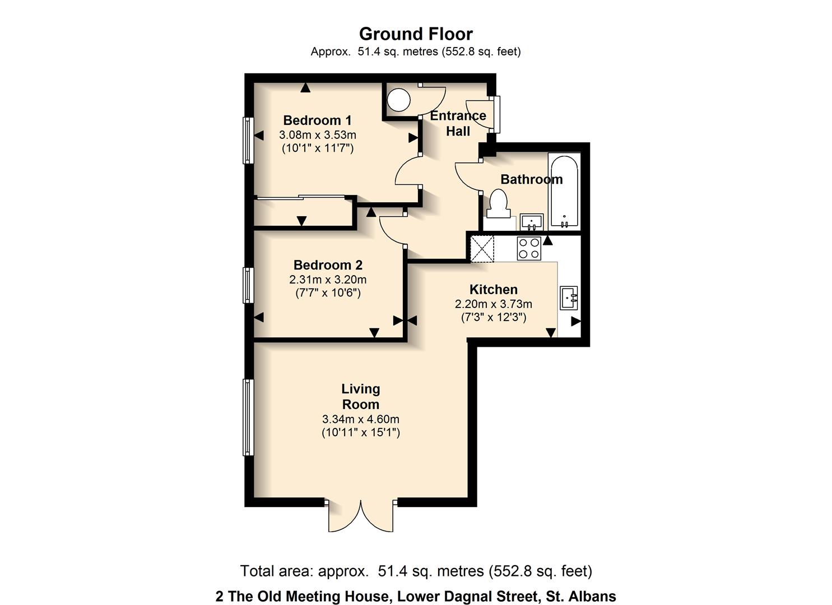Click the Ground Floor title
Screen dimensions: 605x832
pyautogui.click(x=416, y=34)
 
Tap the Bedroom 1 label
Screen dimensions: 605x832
pyautogui.click(x=317, y=120)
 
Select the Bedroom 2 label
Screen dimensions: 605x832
pyautogui.click(x=328, y=265)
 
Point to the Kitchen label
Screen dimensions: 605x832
pyautogui.click(x=493, y=290)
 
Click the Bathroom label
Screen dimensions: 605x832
pyautogui.click(x=531, y=179)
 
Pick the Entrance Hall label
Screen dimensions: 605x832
pyautogui.click(x=458, y=123)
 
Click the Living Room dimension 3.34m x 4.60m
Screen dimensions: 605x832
pyautogui.click(x=360, y=419)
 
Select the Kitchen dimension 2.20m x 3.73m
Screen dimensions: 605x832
pyautogui.click(x=493, y=304)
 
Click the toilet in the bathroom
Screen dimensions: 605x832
pyautogui.click(x=498, y=203)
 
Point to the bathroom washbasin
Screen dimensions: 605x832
pyautogui.click(x=531, y=222)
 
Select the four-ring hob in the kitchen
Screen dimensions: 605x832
pyautogui.click(x=529, y=248)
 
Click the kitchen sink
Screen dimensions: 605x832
pyautogui.click(x=569, y=297)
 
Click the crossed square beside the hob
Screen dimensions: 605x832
pyautogui.click(x=482, y=249)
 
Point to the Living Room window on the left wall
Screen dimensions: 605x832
pyautogui.click(x=248, y=417)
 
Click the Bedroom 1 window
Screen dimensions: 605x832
pyautogui.click(x=248, y=140)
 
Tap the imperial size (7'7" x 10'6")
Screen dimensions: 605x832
pyautogui.click(x=328, y=292)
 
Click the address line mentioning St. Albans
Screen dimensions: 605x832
pyautogui.click(x=416, y=596)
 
